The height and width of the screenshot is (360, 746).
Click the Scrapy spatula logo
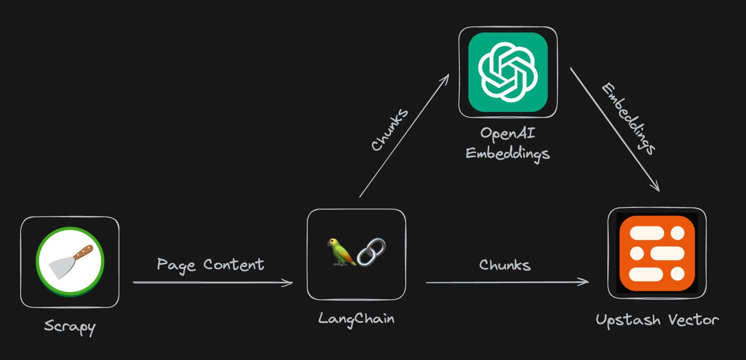click(x=70, y=262)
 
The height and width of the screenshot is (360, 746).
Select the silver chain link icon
click(x=371, y=252)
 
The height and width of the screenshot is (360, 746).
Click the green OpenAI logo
click(x=508, y=72)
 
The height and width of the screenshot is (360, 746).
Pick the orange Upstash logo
click(x=657, y=253)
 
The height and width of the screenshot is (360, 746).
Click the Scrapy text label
click(x=70, y=326)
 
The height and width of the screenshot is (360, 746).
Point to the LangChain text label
click(x=356, y=319)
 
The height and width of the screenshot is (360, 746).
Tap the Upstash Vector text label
click(x=657, y=320)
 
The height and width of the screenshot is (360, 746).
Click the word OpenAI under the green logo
click(x=507, y=133)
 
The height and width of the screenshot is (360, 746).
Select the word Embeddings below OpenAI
click(x=507, y=154)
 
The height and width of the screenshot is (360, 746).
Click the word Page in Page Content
click(x=176, y=265)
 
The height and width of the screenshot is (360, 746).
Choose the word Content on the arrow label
click(x=233, y=264)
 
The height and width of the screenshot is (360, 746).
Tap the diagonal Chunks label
click(x=390, y=130)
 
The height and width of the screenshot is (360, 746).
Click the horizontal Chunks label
click(x=504, y=265)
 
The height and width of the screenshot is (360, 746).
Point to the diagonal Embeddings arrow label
click(x=628, y=119)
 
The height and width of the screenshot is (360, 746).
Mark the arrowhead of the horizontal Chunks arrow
click(x=585, y=282)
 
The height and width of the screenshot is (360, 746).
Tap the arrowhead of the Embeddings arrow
click(x=656, y=187)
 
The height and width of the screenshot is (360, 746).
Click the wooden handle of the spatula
click(x=83, y=252)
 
